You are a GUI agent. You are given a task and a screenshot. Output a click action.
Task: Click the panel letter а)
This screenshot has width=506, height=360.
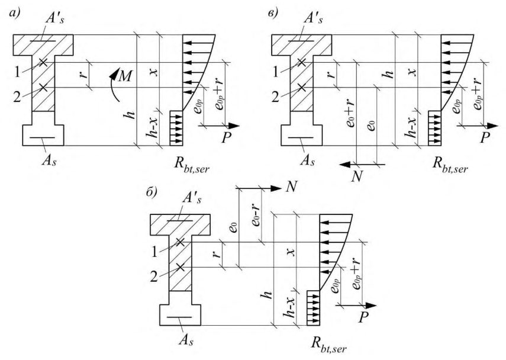pyautogui.click(x=15, y=13)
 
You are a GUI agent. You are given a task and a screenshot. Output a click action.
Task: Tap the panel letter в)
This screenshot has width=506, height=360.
pyautogui.click(x=273, y=13)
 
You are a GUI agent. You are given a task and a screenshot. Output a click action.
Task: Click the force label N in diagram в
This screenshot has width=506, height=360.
pyautogui.click(x=357, y=176)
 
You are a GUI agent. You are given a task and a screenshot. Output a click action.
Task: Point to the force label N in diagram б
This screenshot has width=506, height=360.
pyautogui.click(x=291, y=187)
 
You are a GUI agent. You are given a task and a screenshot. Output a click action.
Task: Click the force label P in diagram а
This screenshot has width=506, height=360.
pyautogui.click(x=227, y=138)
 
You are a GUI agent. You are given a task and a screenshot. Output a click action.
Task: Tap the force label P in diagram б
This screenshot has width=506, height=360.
pyautogui.click(x=363, y=317)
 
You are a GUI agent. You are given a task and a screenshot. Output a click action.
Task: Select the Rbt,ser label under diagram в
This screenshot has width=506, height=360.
pyautogui.click(x=450, y=165)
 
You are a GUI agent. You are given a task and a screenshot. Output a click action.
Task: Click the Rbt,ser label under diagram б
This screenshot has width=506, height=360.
pyautogui.click(x=329, y=345)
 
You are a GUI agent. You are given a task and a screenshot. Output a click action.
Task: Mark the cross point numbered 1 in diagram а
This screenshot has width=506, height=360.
pyautogui.click(x=43, y=62)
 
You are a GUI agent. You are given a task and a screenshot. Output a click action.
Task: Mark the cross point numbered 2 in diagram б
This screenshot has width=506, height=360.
pyautogui.click(x=180, y=267)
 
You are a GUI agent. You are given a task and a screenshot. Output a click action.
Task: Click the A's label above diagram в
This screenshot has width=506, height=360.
pyautogui.click(x=313, y=19)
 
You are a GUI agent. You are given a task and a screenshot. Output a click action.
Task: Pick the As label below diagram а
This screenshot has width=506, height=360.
pyautogui.click(x=49, y=160)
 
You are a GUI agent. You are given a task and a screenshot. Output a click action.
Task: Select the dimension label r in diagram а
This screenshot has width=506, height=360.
pyautogui.click(x=83, y=75)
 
